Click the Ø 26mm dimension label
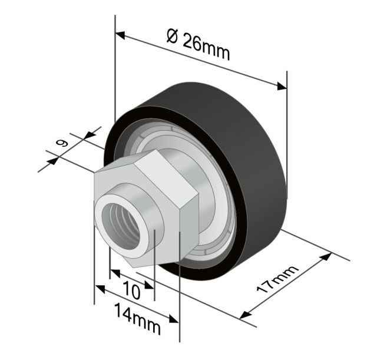pos(198,45)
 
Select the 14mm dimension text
pos(137,318)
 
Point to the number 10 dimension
pos(131,290)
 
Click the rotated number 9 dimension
pos(62,143)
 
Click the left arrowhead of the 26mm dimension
pos(120,35)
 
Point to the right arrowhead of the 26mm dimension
pos(282,86)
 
